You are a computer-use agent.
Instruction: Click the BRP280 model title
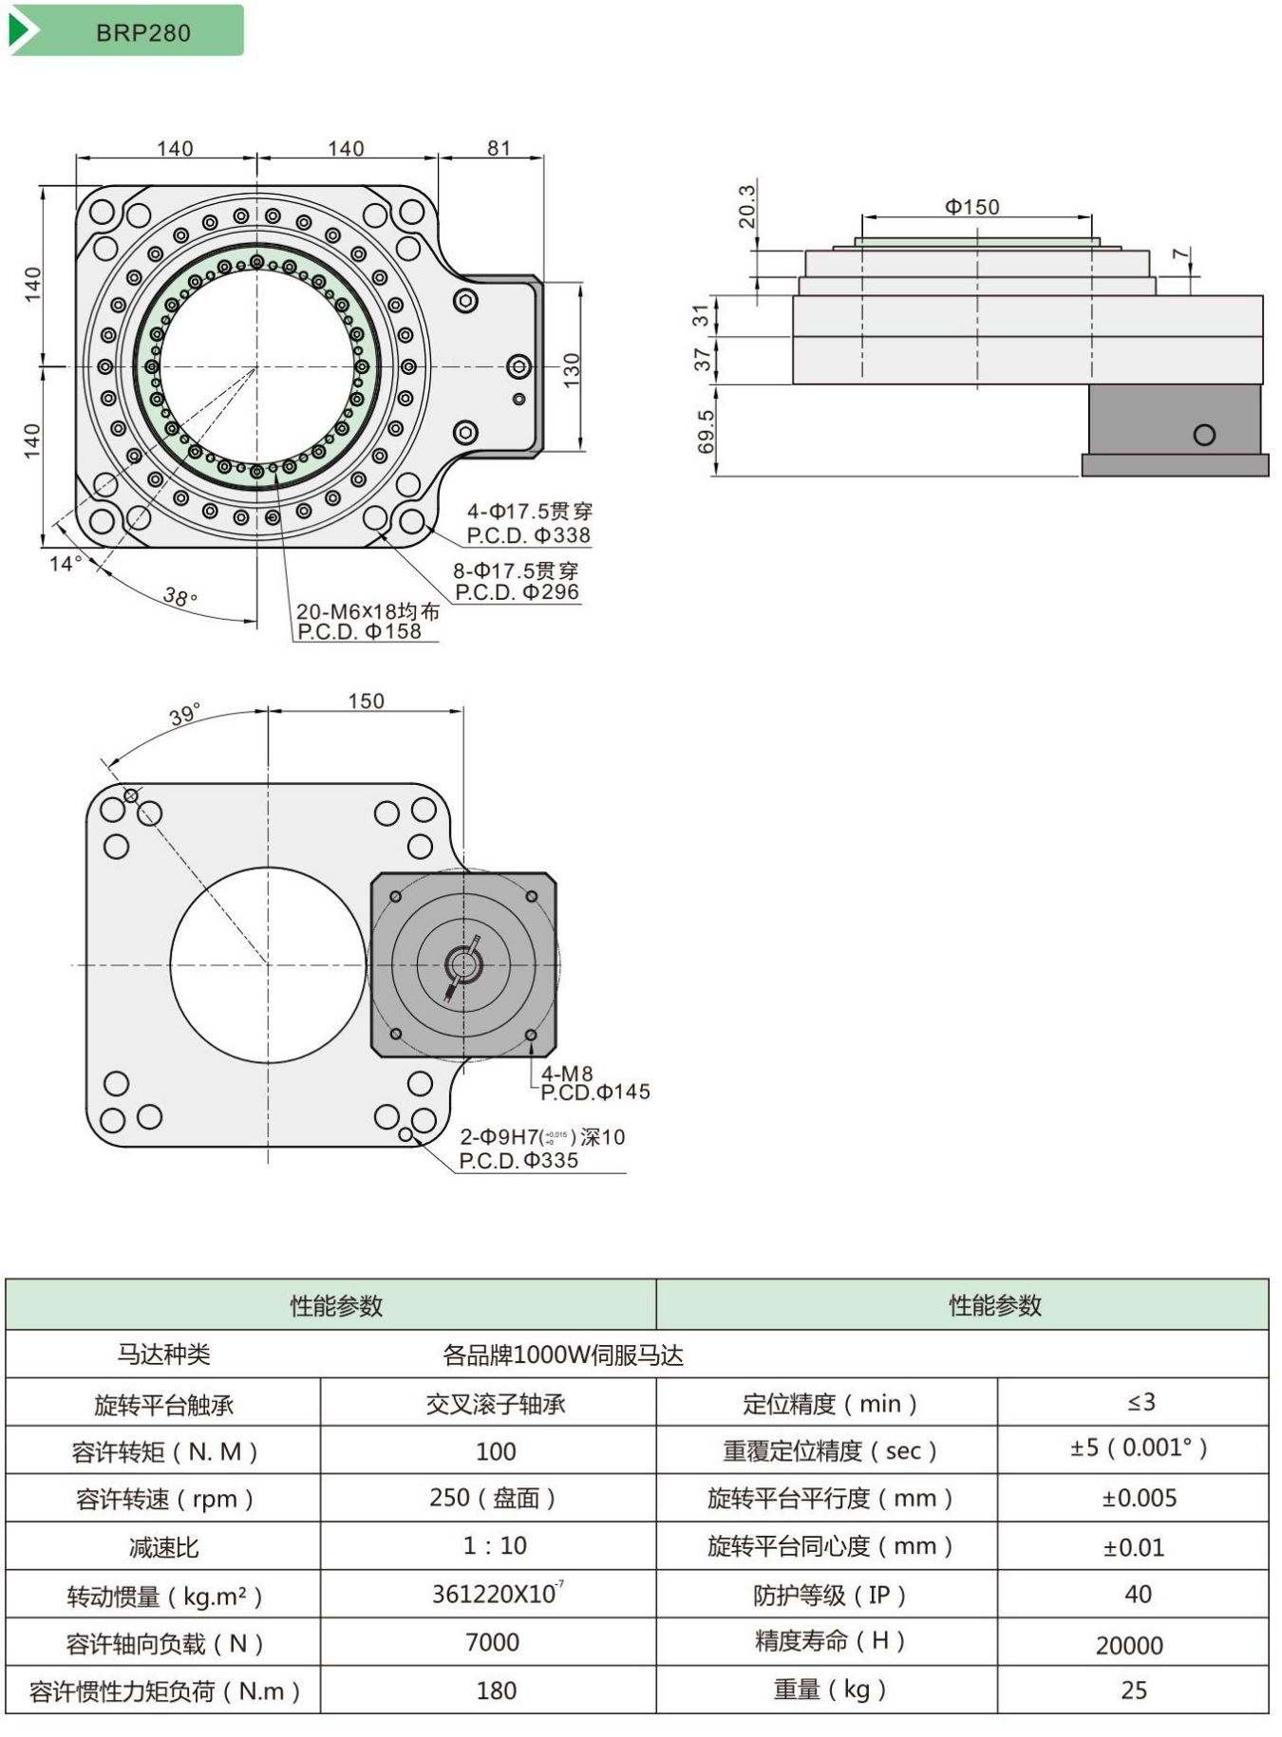[142, 32]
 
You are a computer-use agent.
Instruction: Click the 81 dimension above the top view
[499, 148]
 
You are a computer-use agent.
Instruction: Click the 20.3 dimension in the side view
[746, 206]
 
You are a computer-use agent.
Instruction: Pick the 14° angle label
[65, 564]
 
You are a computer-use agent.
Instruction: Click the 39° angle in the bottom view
[185, 715]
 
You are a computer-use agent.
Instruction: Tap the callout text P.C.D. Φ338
[528, 535]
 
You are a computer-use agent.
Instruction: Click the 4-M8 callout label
[567, 1074]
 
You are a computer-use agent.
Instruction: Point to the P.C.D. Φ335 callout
[518, 1160]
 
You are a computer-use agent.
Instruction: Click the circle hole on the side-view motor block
[1204, 435]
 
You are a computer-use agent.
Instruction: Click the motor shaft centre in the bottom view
[463, 965]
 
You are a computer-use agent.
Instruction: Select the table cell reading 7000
[492, 1642]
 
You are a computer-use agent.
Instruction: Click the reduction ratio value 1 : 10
[495, 1546]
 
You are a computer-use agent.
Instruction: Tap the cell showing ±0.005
[1139, 1499]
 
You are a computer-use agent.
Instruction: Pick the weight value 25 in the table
[1133, 1690]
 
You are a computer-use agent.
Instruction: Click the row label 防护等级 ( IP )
[829, 1596]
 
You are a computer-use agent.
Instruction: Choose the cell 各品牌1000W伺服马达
[562, 1354]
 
